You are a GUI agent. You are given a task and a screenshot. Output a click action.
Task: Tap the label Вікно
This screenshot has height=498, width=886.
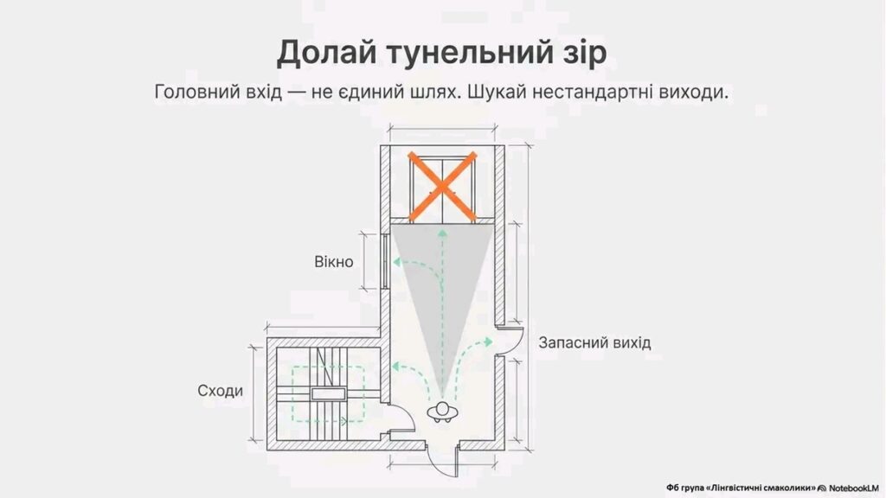(333, 261)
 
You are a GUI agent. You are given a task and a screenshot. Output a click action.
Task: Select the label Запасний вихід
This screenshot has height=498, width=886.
(594, 342)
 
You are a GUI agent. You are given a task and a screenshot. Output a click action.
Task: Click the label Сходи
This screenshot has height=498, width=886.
(221, 391)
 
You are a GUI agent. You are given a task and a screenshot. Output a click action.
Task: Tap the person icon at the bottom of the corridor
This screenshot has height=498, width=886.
(442, 412)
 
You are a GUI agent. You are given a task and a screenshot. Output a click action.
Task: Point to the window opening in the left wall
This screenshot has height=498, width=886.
(383, 262)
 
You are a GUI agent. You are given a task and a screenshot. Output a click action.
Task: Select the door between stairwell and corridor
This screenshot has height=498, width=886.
(397, 424)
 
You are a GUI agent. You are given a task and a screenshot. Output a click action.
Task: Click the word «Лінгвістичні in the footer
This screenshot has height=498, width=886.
(733, 488)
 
